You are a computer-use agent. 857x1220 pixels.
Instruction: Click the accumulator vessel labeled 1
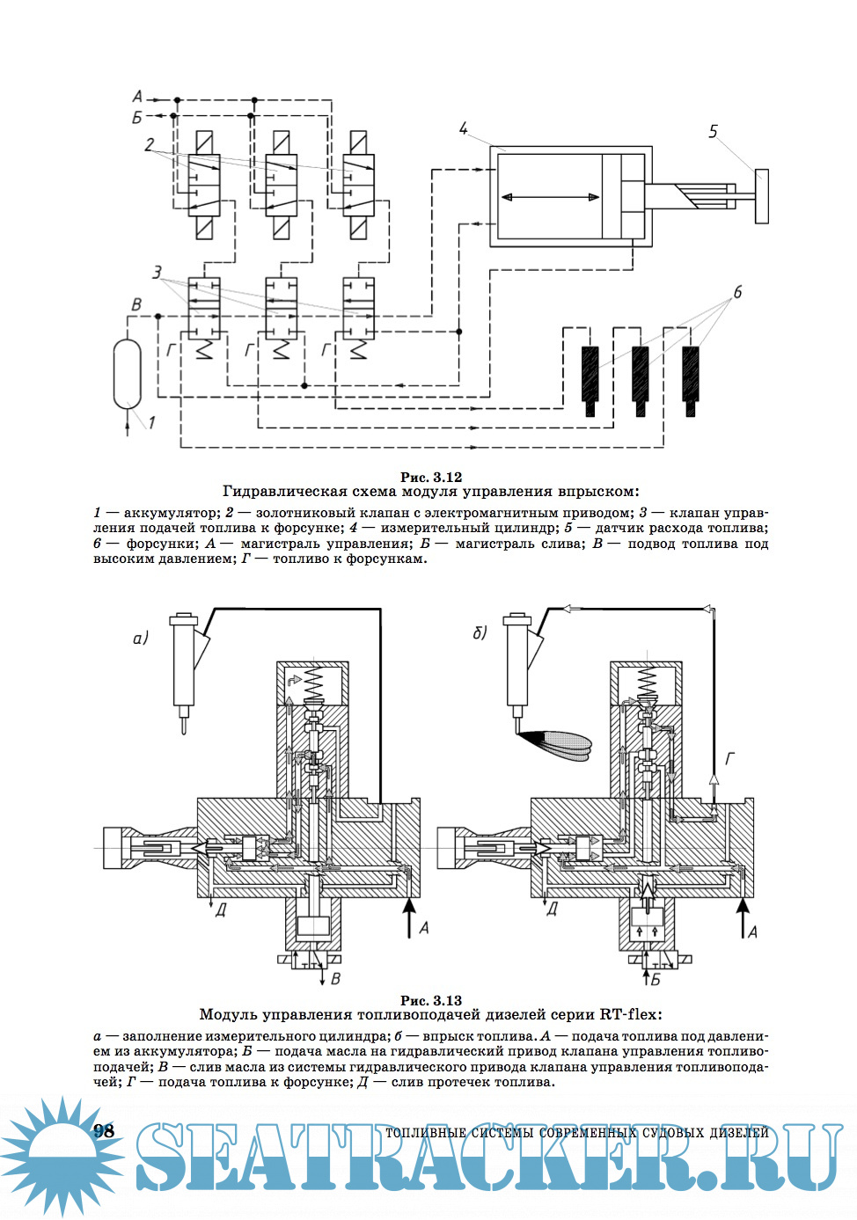(x=128, y=373)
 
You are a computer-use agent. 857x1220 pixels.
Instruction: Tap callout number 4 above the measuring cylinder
(x=464, y=129)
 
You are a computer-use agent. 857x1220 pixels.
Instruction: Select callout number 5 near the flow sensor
(x=713, y=132)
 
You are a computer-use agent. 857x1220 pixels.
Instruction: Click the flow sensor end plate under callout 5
(x=761, y=195)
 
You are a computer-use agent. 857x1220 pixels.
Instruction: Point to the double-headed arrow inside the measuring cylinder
(x=545, y=198)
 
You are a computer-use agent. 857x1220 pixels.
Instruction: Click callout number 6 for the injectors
(x=737, y=292)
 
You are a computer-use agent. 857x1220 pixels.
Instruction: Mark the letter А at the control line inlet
(x=137, y=97)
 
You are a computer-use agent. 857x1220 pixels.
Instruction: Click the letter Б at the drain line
(x=137, y=117)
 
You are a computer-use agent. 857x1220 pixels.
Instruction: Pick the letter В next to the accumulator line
(x=136, y=304)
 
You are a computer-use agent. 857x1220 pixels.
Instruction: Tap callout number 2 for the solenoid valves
(x=150, y=145)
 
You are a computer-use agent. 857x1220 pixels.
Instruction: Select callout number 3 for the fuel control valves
(x=157, y=273)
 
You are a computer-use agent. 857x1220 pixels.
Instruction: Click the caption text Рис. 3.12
(x=430, y=477)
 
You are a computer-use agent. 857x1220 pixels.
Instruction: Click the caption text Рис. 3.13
(x=430, y=1000)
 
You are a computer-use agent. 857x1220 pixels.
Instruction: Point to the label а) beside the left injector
(x=141, y=638)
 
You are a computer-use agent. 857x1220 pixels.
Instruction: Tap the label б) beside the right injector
(x=480, y=632)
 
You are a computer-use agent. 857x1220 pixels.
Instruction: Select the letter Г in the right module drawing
(x=729, y=758)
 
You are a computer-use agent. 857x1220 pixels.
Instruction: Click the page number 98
(x=104, y=1131)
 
